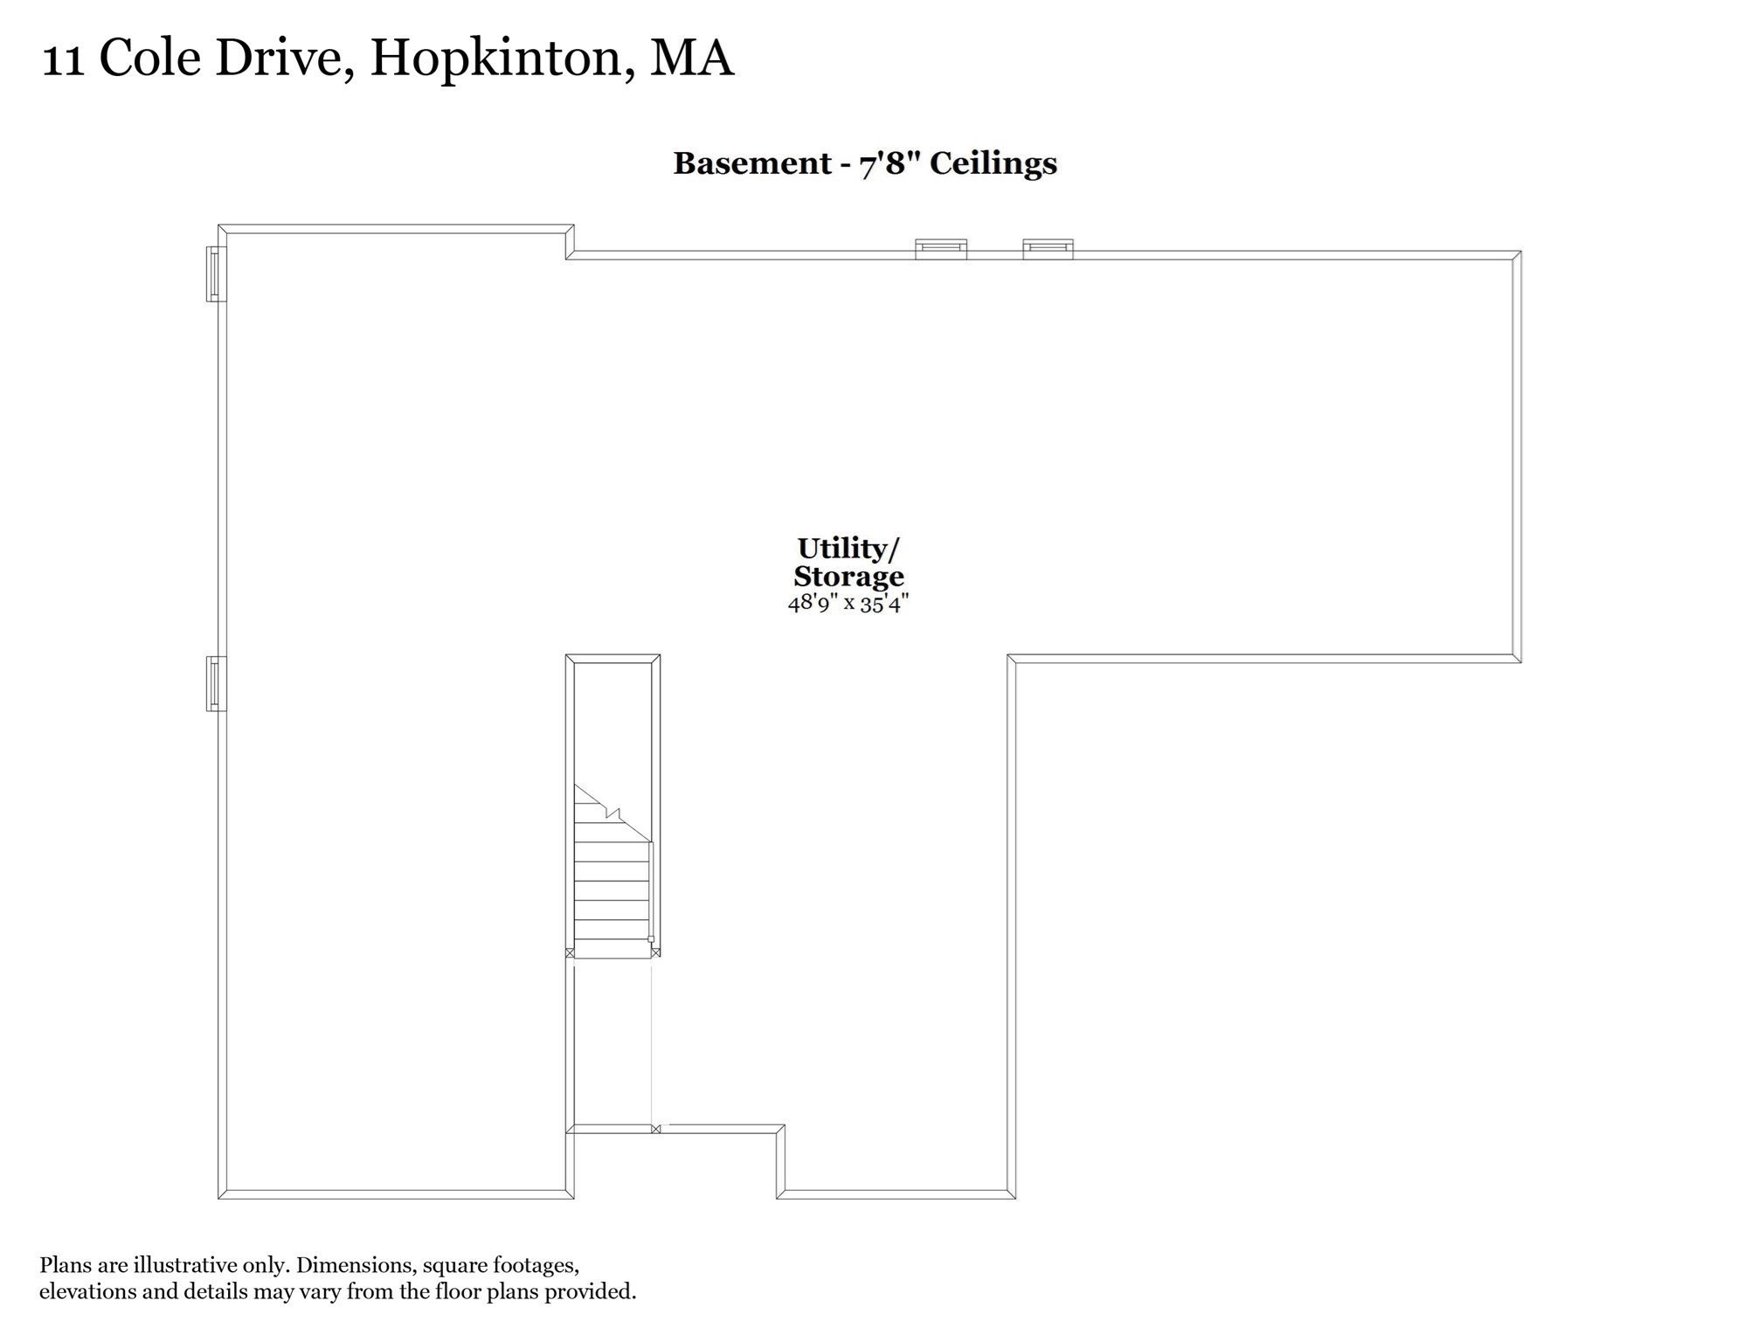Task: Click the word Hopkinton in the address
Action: pos(495,59)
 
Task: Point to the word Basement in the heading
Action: pos(752,163)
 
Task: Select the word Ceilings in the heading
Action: pos(993,163)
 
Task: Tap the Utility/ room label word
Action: pos(848,549)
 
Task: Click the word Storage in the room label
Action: pos(848,577)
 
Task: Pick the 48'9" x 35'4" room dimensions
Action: pos(848,603)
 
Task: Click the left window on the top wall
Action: pos(941,249)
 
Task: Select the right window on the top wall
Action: pos(1048,249)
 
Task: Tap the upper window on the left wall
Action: pos(216,273)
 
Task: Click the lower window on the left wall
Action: pos(216,683)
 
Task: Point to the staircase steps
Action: pos(612,891)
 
